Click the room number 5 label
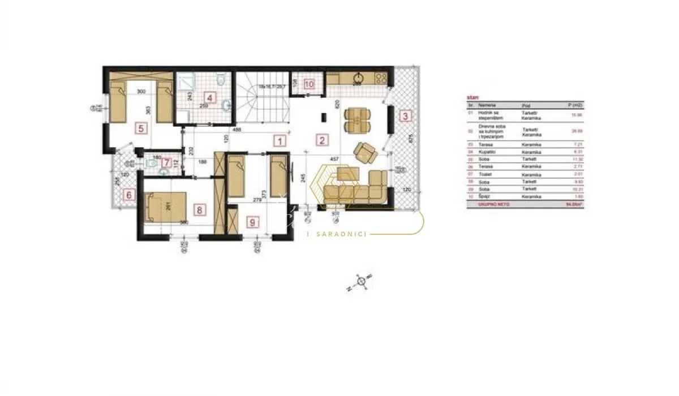point(141,128)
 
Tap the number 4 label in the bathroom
point(209,97)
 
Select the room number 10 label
point(308,84)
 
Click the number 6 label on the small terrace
point(129,195)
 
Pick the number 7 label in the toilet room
point(166,163)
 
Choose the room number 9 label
point(252,222)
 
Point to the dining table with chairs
point(358,119)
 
